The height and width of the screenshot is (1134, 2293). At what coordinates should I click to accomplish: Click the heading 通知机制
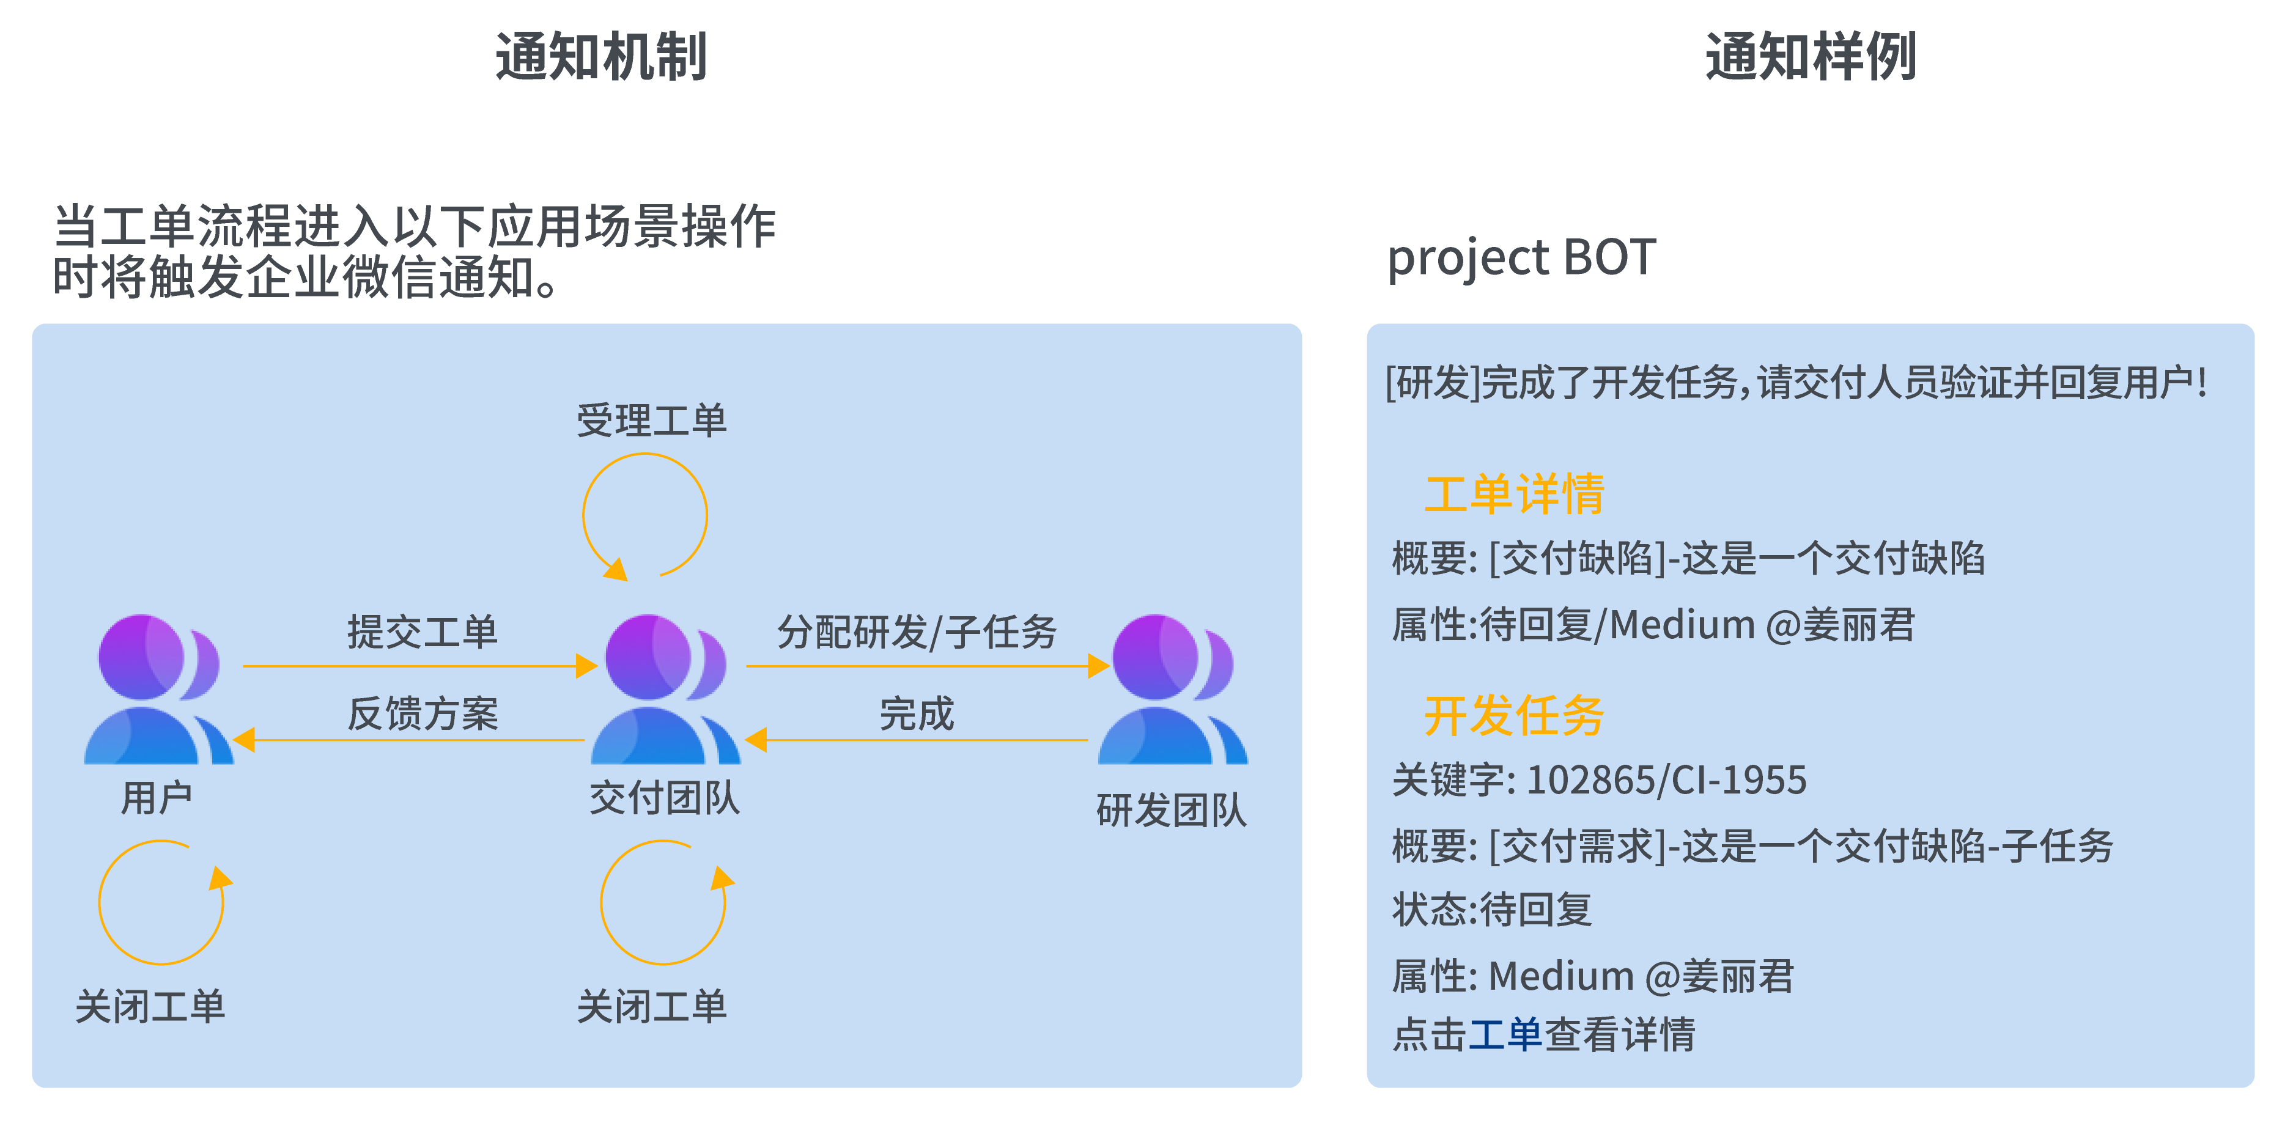pyautogui.click(x=601, y=57)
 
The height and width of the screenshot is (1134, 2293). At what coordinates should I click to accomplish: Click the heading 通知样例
pyautogui.click(x=1811, y=57)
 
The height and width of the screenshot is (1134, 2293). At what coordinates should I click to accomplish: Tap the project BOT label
pyautogui.click(x=1521, y=257)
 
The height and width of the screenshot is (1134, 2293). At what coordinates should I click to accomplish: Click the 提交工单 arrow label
pyautogui.click(x=422, y=632)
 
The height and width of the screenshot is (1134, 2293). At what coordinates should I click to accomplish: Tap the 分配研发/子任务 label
pyautogui.click(x=917, y=632)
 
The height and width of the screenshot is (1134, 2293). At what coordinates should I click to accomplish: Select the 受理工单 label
pyautogui.click(x=652, y=420)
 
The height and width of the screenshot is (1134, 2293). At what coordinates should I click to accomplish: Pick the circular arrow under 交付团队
pyautogui.click(x=664, y=902)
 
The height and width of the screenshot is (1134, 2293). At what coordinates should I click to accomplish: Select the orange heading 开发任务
pyautogui.click(x=1514, y=716)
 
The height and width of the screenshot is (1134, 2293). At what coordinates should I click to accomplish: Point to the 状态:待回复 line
pyautogui.click(x=1492, y=910)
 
